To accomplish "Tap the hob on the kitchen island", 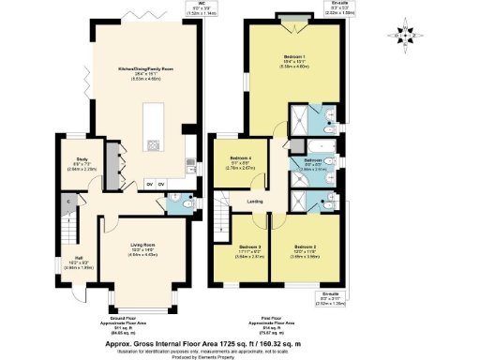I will click(x=154, y=145).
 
